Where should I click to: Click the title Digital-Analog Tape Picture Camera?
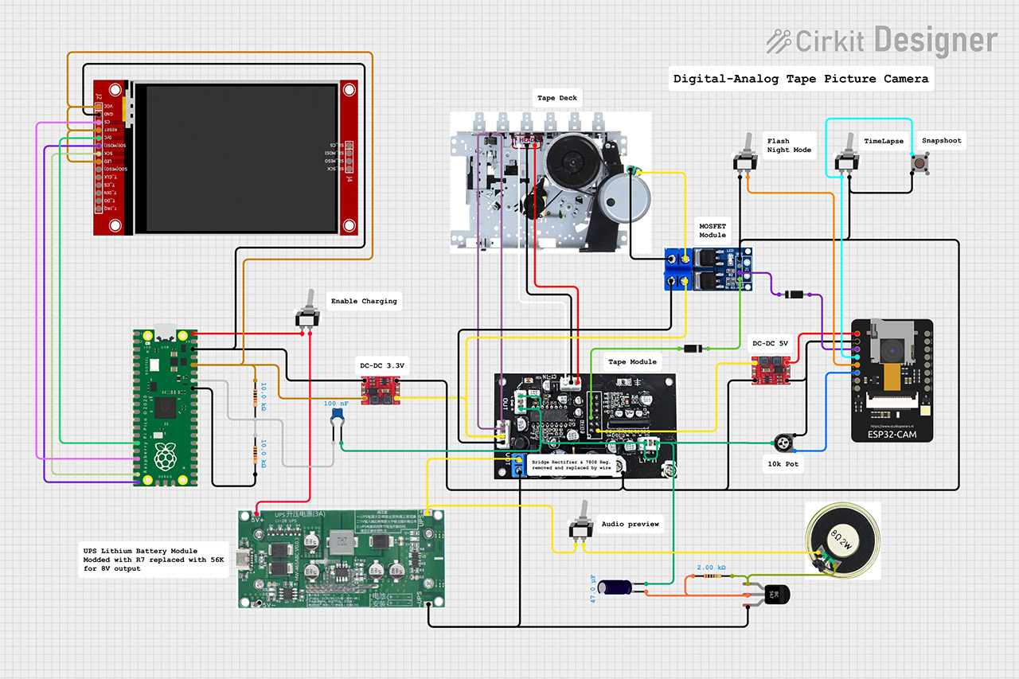[800, 79]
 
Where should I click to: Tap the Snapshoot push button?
[921, 165]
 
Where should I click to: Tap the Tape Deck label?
[556, 99]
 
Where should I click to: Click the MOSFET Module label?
[713, 230]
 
